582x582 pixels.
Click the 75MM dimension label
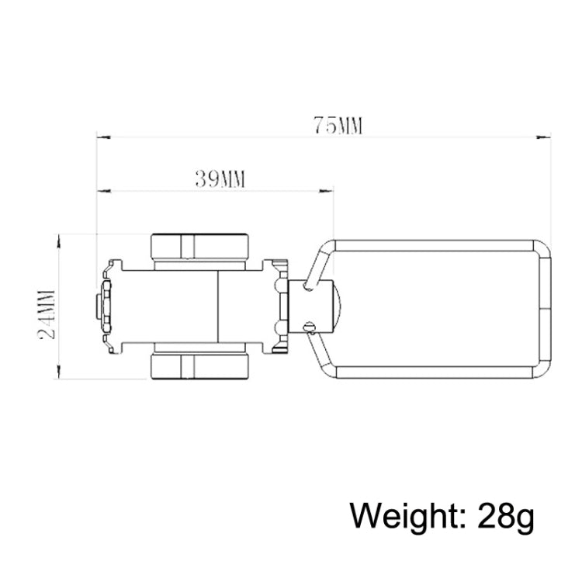[338, 125]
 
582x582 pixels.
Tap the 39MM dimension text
[220, 179]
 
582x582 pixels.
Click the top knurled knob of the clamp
[200, 246]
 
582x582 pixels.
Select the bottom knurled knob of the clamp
[200, 366]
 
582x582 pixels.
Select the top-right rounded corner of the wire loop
[542, 249]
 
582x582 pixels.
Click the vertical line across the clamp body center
[218, 307]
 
